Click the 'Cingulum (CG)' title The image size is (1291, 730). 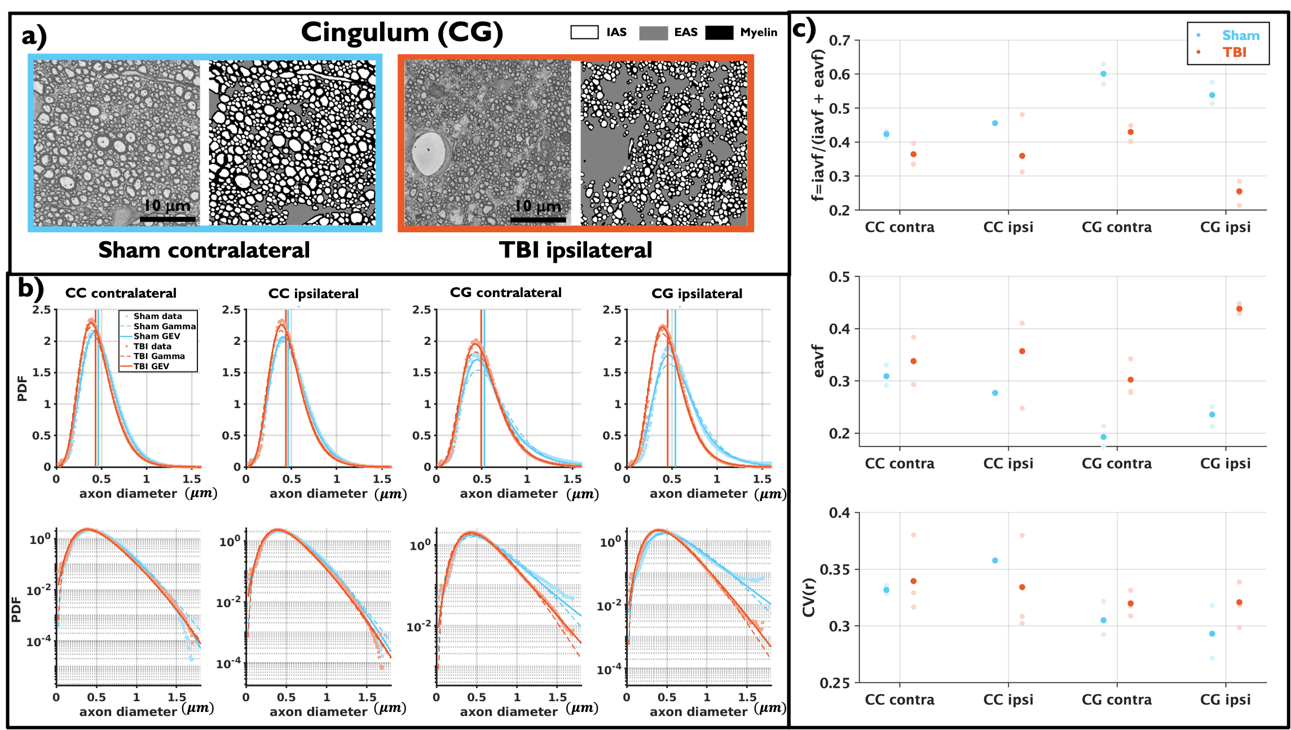[402, 32]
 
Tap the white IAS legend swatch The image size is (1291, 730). [584, 32]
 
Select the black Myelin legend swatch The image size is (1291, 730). [719, 32]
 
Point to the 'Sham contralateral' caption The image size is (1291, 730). [204, 250]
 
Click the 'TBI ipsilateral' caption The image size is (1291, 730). [575, 250]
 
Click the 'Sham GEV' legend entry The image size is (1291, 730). [157, 336]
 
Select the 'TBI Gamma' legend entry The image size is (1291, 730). [159, 356]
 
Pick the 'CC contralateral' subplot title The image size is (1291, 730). [121, 293]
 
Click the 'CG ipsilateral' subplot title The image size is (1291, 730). [697, 294]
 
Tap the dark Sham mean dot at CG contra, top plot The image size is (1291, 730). [1103, 74]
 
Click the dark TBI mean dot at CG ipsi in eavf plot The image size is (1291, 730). [1239, 309]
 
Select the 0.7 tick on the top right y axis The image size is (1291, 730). [840, 41]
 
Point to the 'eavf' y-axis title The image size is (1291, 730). [818, 361]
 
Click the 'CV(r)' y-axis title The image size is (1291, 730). [809, 597]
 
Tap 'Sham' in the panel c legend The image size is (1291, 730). [1240, 36]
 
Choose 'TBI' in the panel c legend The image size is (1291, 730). [1234, 52]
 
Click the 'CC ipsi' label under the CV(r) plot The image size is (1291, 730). [1008, 700]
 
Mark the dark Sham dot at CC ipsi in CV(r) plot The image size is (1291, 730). [995, 560]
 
